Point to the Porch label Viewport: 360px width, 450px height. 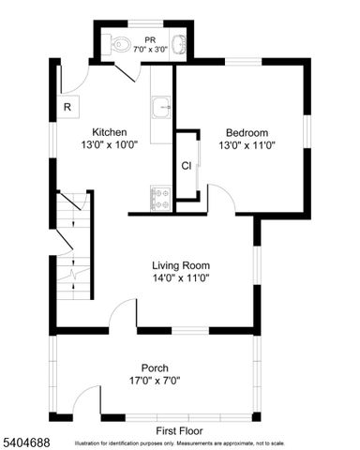point(155,367)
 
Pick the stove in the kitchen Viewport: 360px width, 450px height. point(160,198)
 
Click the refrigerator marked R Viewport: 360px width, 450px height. point(67,107)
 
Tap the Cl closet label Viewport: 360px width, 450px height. point(187,166)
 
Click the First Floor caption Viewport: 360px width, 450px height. point(180,430)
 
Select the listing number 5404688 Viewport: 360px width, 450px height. point(25,439)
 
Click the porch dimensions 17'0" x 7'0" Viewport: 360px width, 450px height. point(155,381)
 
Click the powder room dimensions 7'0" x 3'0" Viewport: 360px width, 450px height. point(148,48)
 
